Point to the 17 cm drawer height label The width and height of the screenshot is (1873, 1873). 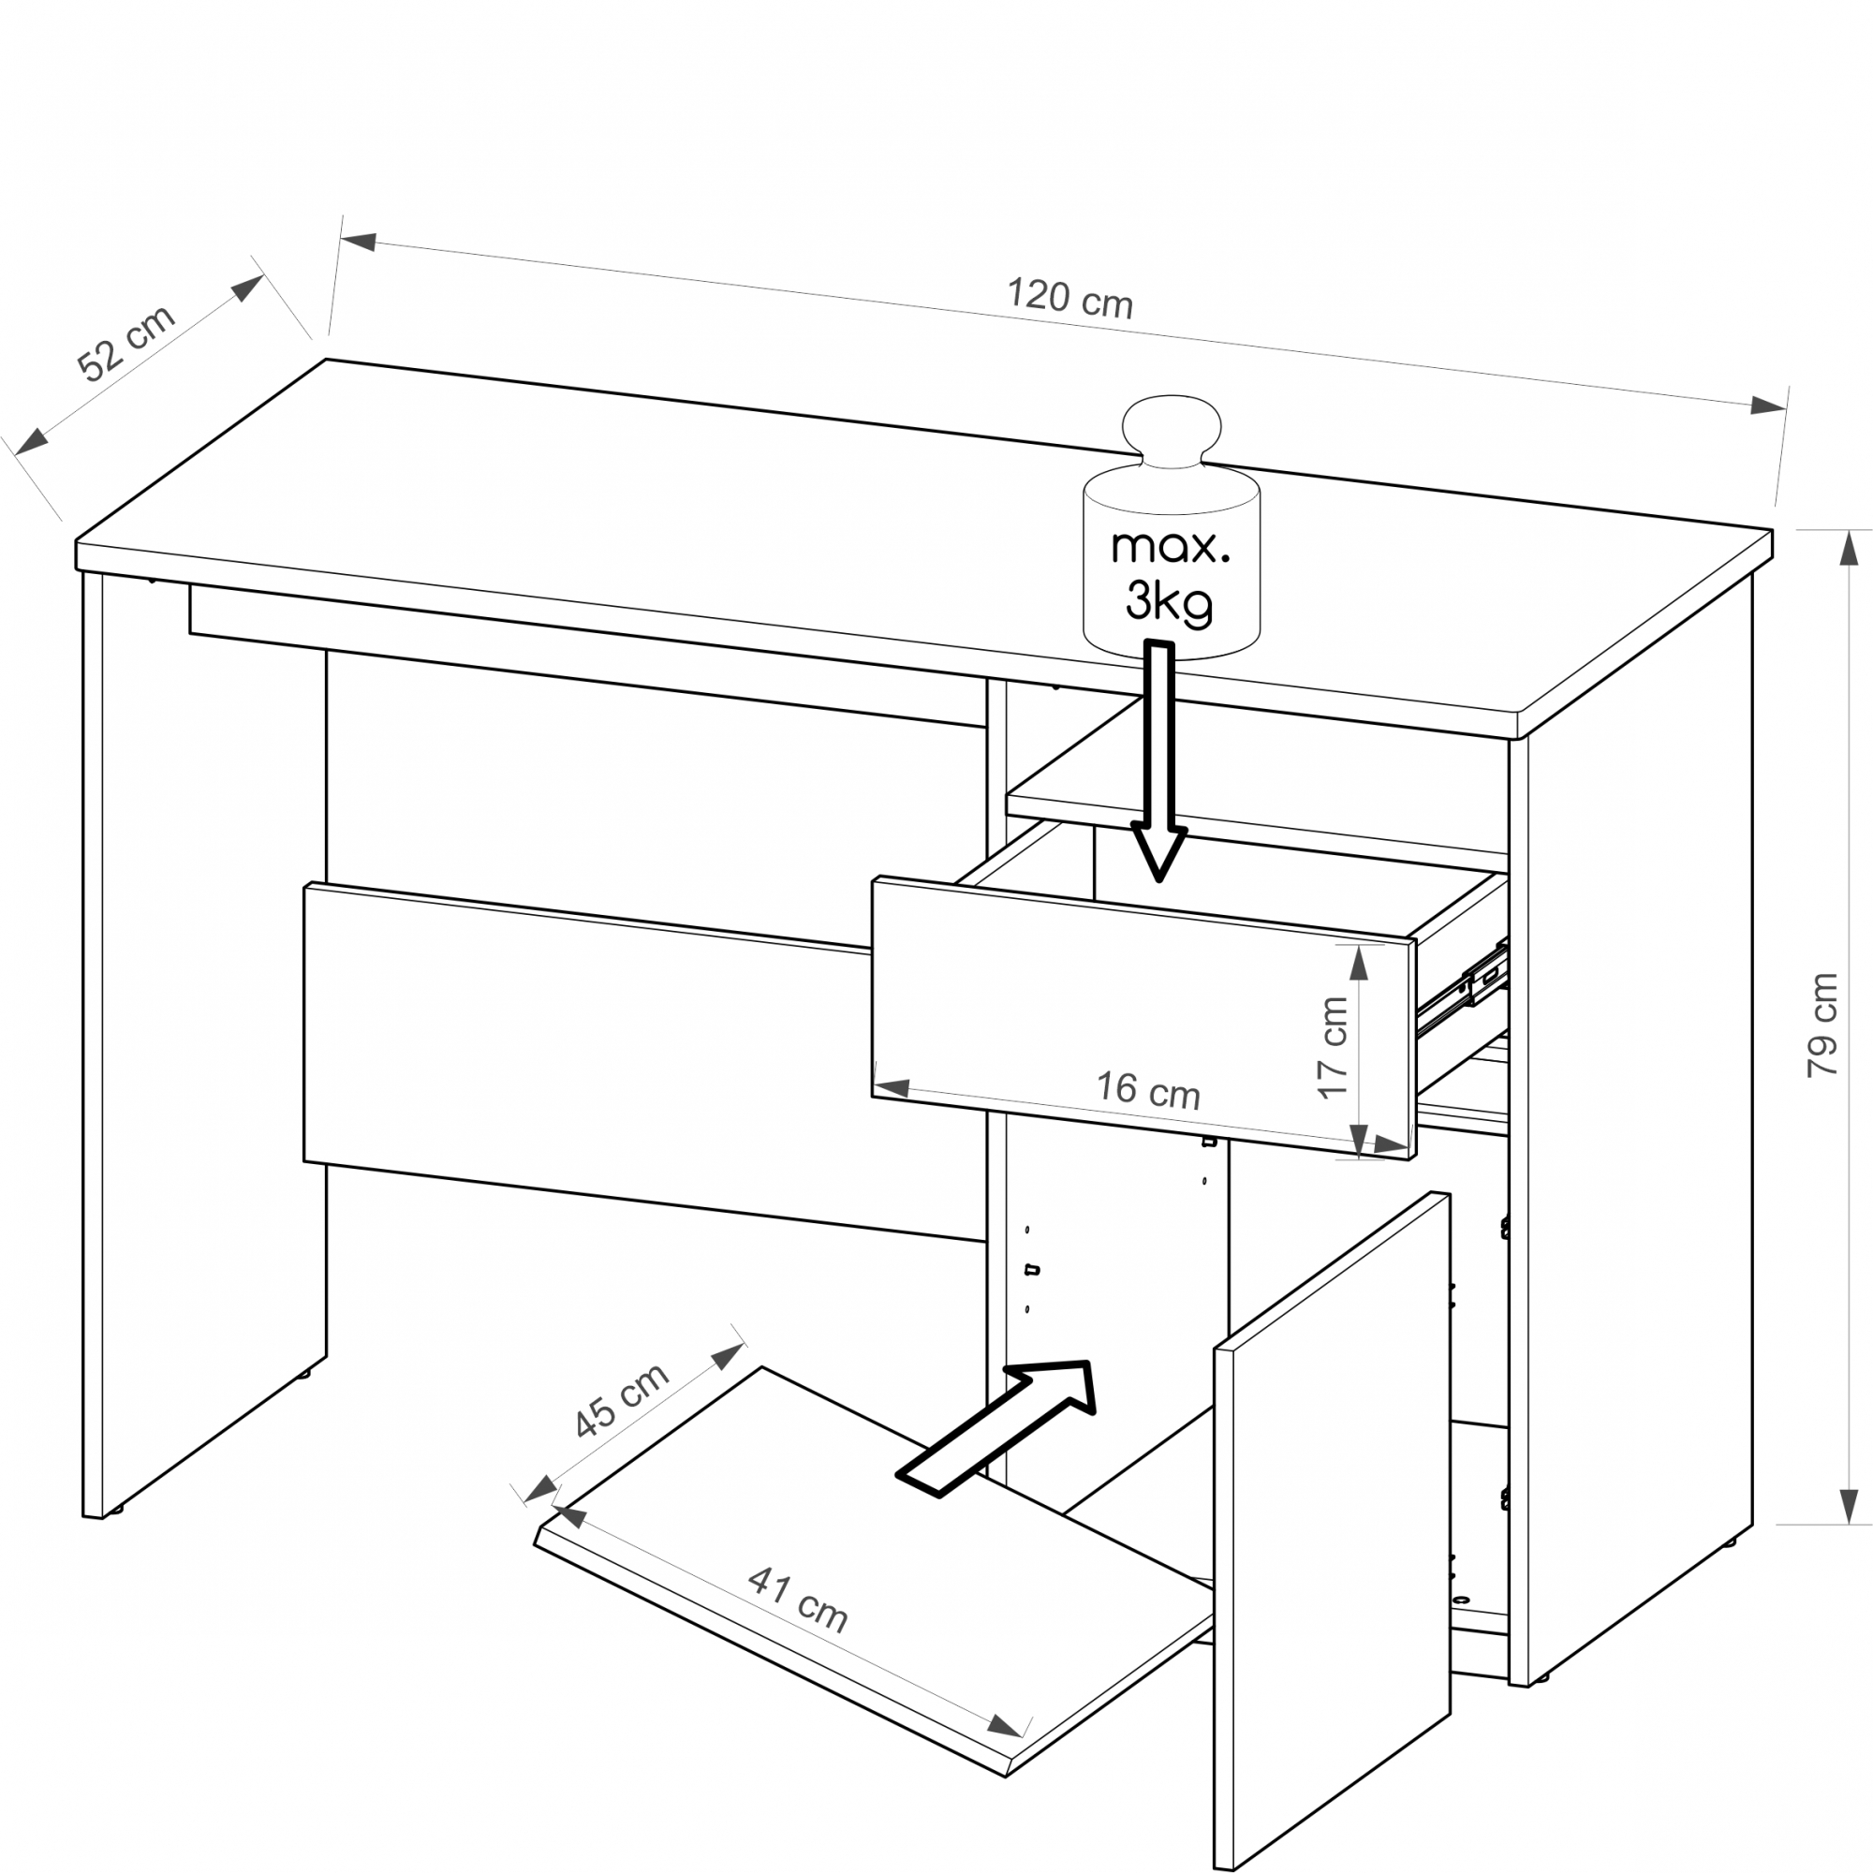tap(1333, 1047)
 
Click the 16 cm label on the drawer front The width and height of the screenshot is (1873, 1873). tap(1148, 1091)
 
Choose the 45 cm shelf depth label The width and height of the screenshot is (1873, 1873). tap(621, 1400)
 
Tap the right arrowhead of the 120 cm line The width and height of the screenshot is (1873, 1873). tap(1767, 406)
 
